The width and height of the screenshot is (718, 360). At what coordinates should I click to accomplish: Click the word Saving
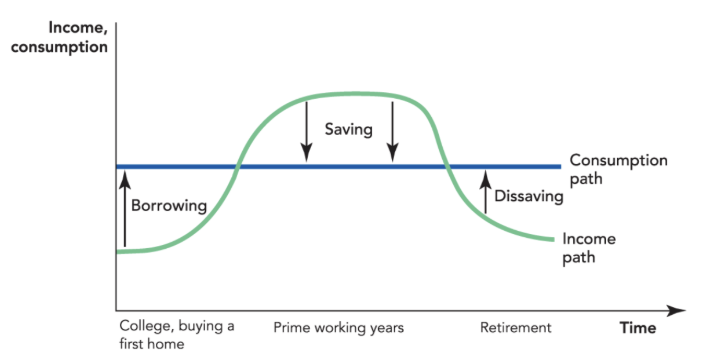(349, 129)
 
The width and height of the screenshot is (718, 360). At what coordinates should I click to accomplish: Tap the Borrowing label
(168, 206)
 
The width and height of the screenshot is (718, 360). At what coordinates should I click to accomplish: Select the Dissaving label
(530, 197)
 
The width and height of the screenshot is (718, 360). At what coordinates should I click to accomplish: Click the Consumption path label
(618, 169)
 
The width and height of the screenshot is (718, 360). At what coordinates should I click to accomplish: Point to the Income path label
(589, 247)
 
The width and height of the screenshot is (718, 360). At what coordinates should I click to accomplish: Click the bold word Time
(637, 327)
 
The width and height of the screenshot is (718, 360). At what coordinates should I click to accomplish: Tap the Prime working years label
(339, 327)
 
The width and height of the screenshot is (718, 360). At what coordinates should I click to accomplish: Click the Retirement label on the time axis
(515, 327)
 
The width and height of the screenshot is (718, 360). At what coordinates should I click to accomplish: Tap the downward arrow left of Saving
(306, 130)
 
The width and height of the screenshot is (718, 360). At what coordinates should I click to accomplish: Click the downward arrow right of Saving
(393, 130)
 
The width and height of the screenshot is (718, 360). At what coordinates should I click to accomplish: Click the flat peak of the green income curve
(350, 94)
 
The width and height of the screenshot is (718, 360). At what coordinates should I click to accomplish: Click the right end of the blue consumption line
(558, 166)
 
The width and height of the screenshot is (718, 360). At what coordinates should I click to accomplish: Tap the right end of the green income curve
(553, 239)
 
